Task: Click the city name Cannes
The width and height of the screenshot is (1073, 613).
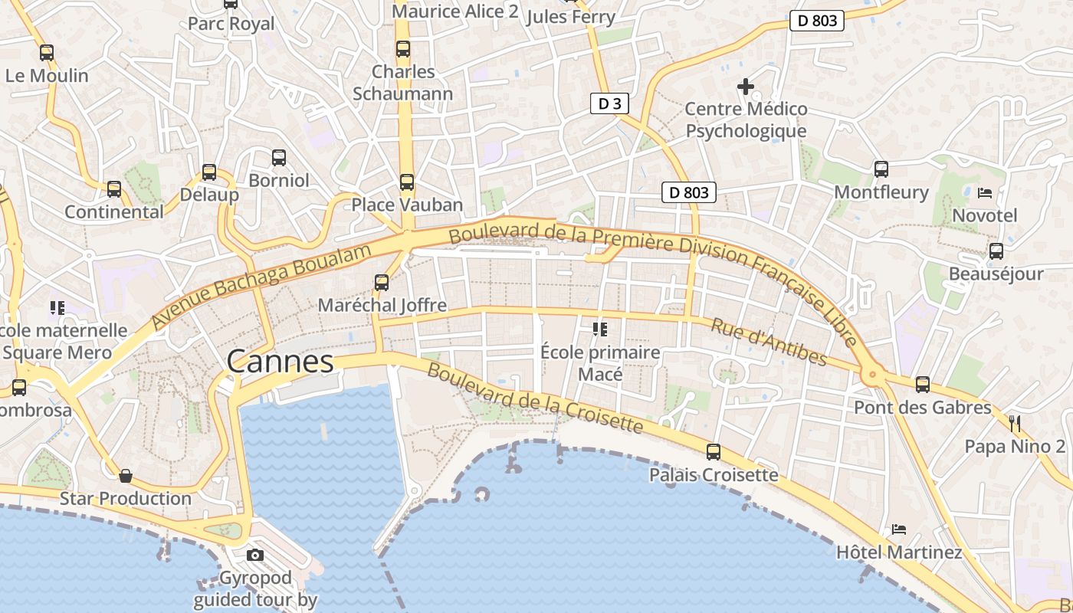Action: click(281, 361)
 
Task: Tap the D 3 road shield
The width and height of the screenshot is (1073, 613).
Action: click(609, 103)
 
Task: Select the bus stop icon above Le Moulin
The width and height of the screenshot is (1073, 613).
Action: click(47, 53)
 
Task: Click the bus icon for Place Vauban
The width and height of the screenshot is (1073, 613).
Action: click(407, 182)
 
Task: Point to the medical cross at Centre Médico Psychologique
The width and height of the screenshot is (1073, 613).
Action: click(745, 87)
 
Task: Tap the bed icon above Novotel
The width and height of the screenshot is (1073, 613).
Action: click(985, 192)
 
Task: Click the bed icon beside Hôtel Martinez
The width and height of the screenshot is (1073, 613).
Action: click(899, 529)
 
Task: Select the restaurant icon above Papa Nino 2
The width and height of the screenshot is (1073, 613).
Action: click(1015, 423)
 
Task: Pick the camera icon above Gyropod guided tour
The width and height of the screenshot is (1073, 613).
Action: click(255, 555)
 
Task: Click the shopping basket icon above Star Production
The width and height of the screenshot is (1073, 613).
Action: click(126, 476)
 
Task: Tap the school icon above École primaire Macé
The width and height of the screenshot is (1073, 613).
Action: click(599, 329)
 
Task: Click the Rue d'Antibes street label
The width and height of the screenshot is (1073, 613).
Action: click(769, 342)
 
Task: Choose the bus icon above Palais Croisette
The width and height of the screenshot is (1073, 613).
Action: click(714, 452)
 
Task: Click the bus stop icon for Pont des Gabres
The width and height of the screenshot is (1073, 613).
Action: click(923, 385)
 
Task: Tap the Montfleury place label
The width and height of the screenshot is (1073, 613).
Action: click(881, 192)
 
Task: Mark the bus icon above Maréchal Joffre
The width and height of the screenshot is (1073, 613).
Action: click(382, 283)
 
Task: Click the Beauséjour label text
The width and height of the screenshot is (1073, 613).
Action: click(996, 274)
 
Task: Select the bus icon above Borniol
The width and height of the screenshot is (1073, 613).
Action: click(279, 158)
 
